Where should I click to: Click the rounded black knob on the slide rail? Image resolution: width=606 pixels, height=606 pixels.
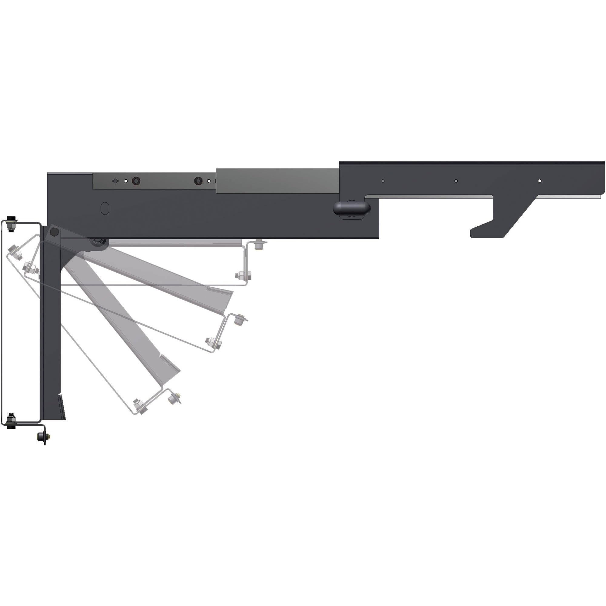point(351,207)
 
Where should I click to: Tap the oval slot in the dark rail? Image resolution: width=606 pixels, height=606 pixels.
point(105,208)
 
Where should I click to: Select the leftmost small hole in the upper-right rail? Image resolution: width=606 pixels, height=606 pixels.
point(383,181)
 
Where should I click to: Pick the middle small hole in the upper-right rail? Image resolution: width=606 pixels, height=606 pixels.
point(456,181)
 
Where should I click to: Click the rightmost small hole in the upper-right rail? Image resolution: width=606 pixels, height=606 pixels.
point(540,181)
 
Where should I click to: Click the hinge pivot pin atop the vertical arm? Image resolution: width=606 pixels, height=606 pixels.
point(54,232)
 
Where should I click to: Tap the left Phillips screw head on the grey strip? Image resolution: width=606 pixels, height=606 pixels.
point(136,181)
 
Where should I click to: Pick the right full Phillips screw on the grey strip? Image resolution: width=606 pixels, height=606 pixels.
point(198,181)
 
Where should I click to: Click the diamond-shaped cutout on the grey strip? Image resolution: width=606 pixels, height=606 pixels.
point(116,181)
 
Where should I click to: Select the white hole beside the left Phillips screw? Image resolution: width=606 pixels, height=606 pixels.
point(126,181)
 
